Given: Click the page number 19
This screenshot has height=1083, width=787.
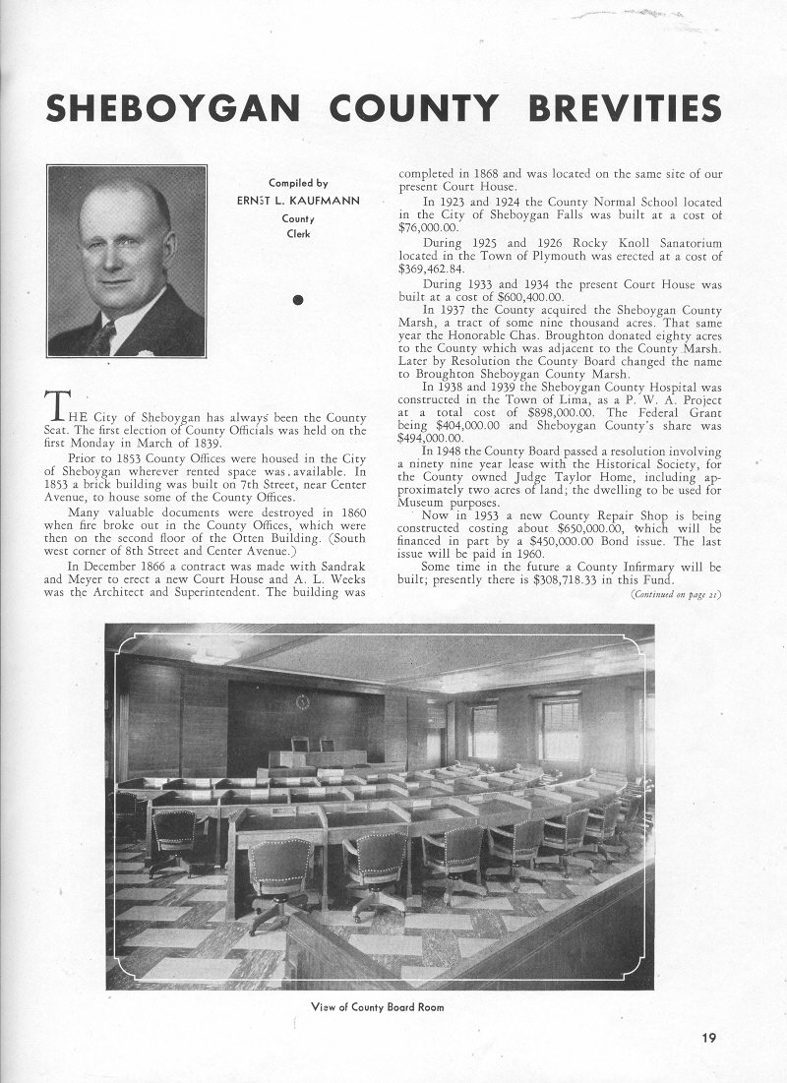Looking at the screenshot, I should [710, 1035].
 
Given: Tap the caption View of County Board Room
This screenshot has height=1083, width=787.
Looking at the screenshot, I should [377, 1006].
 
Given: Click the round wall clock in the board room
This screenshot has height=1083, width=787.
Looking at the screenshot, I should [302, 701].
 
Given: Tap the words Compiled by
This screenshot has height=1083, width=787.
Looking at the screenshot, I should [298, 183].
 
